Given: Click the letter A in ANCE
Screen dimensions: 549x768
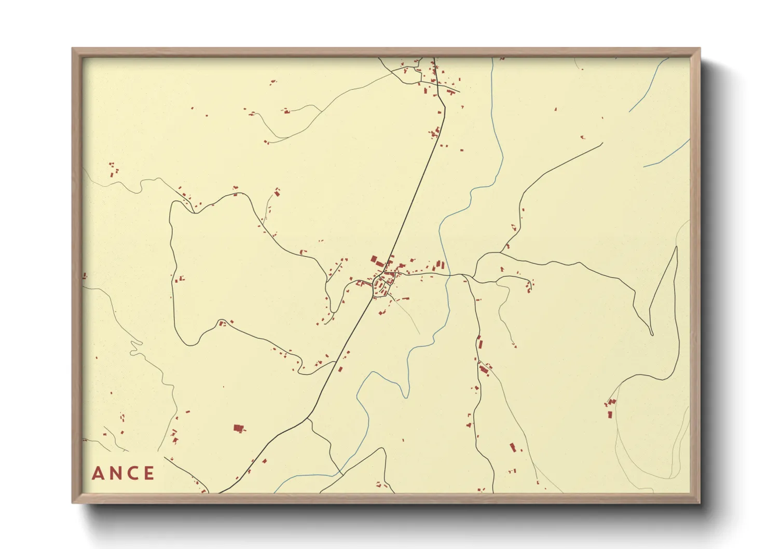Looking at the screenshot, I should coord(97,473).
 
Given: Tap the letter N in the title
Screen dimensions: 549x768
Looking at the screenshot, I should coord(116,473).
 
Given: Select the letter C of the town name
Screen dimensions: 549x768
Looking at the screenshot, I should coord(133,473).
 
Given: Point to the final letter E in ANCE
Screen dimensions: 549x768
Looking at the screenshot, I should coord(149,473).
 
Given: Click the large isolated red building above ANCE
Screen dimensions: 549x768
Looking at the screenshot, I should coord(239,428).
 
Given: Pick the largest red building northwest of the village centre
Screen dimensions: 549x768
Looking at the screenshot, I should coord(374,259).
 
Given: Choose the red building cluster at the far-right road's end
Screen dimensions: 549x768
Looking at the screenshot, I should coord(610,404).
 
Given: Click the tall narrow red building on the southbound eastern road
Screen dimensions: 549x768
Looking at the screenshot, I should coord(479,342).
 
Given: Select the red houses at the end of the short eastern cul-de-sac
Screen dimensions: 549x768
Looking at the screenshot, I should coord(529,285).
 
